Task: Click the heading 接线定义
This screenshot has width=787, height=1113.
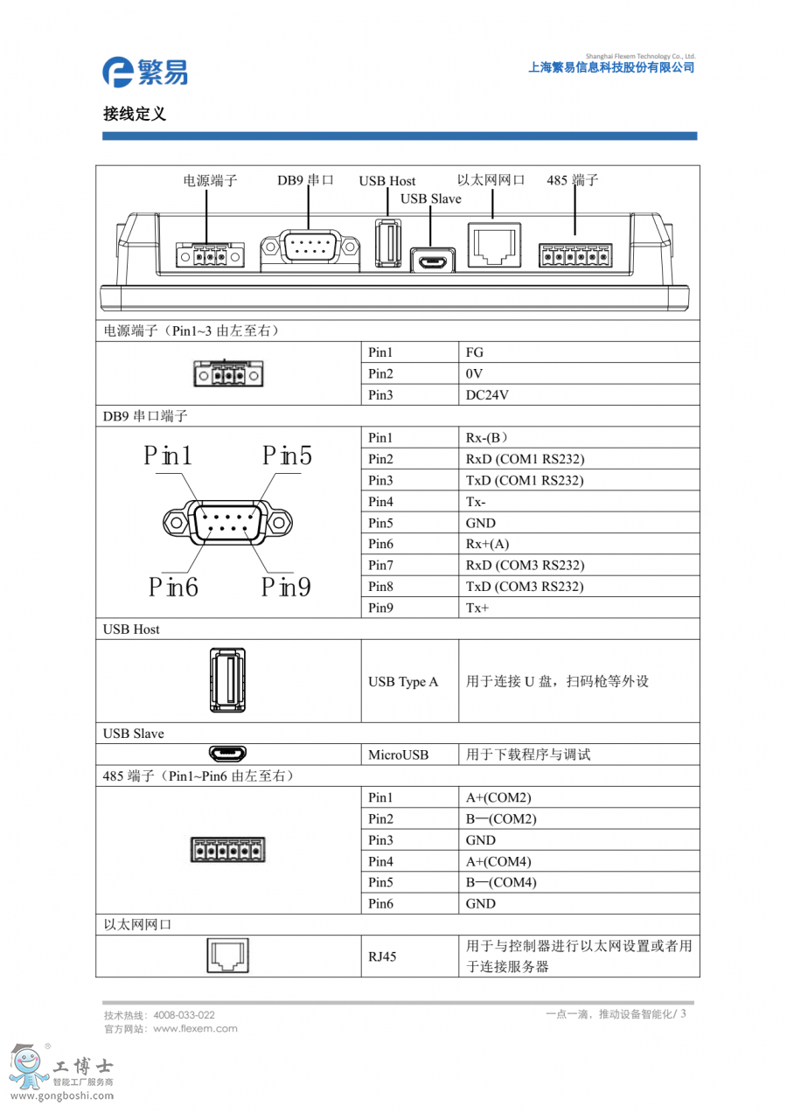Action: pyautogui.click(x=135, y=114)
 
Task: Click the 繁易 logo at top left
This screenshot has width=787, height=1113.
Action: pyautogui.click(x=144, y=71)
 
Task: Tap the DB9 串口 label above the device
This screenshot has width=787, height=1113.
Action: pyautogui.click(x=306, y=180)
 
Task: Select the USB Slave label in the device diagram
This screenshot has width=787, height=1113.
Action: pyautogui.click(x=430, y=198)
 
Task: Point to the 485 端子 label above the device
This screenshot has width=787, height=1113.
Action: pyautogui.click(x=573, y=180)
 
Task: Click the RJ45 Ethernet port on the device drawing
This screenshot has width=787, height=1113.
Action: pyautogui.click(x=495, y=246)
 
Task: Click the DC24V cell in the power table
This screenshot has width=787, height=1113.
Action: pyautogui.click(x=488, y=395)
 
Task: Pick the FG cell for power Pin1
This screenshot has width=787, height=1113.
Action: pyautogui.click(x=475, y=352)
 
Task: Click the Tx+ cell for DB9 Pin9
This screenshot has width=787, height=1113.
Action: pyautogui.click(x=477, y=608)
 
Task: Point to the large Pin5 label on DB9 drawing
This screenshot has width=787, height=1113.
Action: pyautogui.click(x=288, y=456)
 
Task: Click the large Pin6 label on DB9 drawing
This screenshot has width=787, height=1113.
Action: pyautogui.click(x=173, y=588)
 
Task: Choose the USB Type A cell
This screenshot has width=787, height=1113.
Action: pyautogui.click(x=403, y=682)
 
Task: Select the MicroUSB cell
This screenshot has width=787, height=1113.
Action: pyautogui.click(x=399, y=755)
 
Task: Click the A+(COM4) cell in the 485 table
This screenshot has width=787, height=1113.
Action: pyautogui.click(x=498, y=861)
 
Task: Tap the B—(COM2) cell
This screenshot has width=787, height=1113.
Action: pyautogui.click(x=501, y=819)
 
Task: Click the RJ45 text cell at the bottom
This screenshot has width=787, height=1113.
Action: pyautogui.click(x=382, y=956)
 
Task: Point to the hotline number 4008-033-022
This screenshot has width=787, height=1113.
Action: pyautogui.click(x=184, y=1015)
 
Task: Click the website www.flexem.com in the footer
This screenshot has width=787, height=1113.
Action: pyautogui.click(x=195, y=1028)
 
